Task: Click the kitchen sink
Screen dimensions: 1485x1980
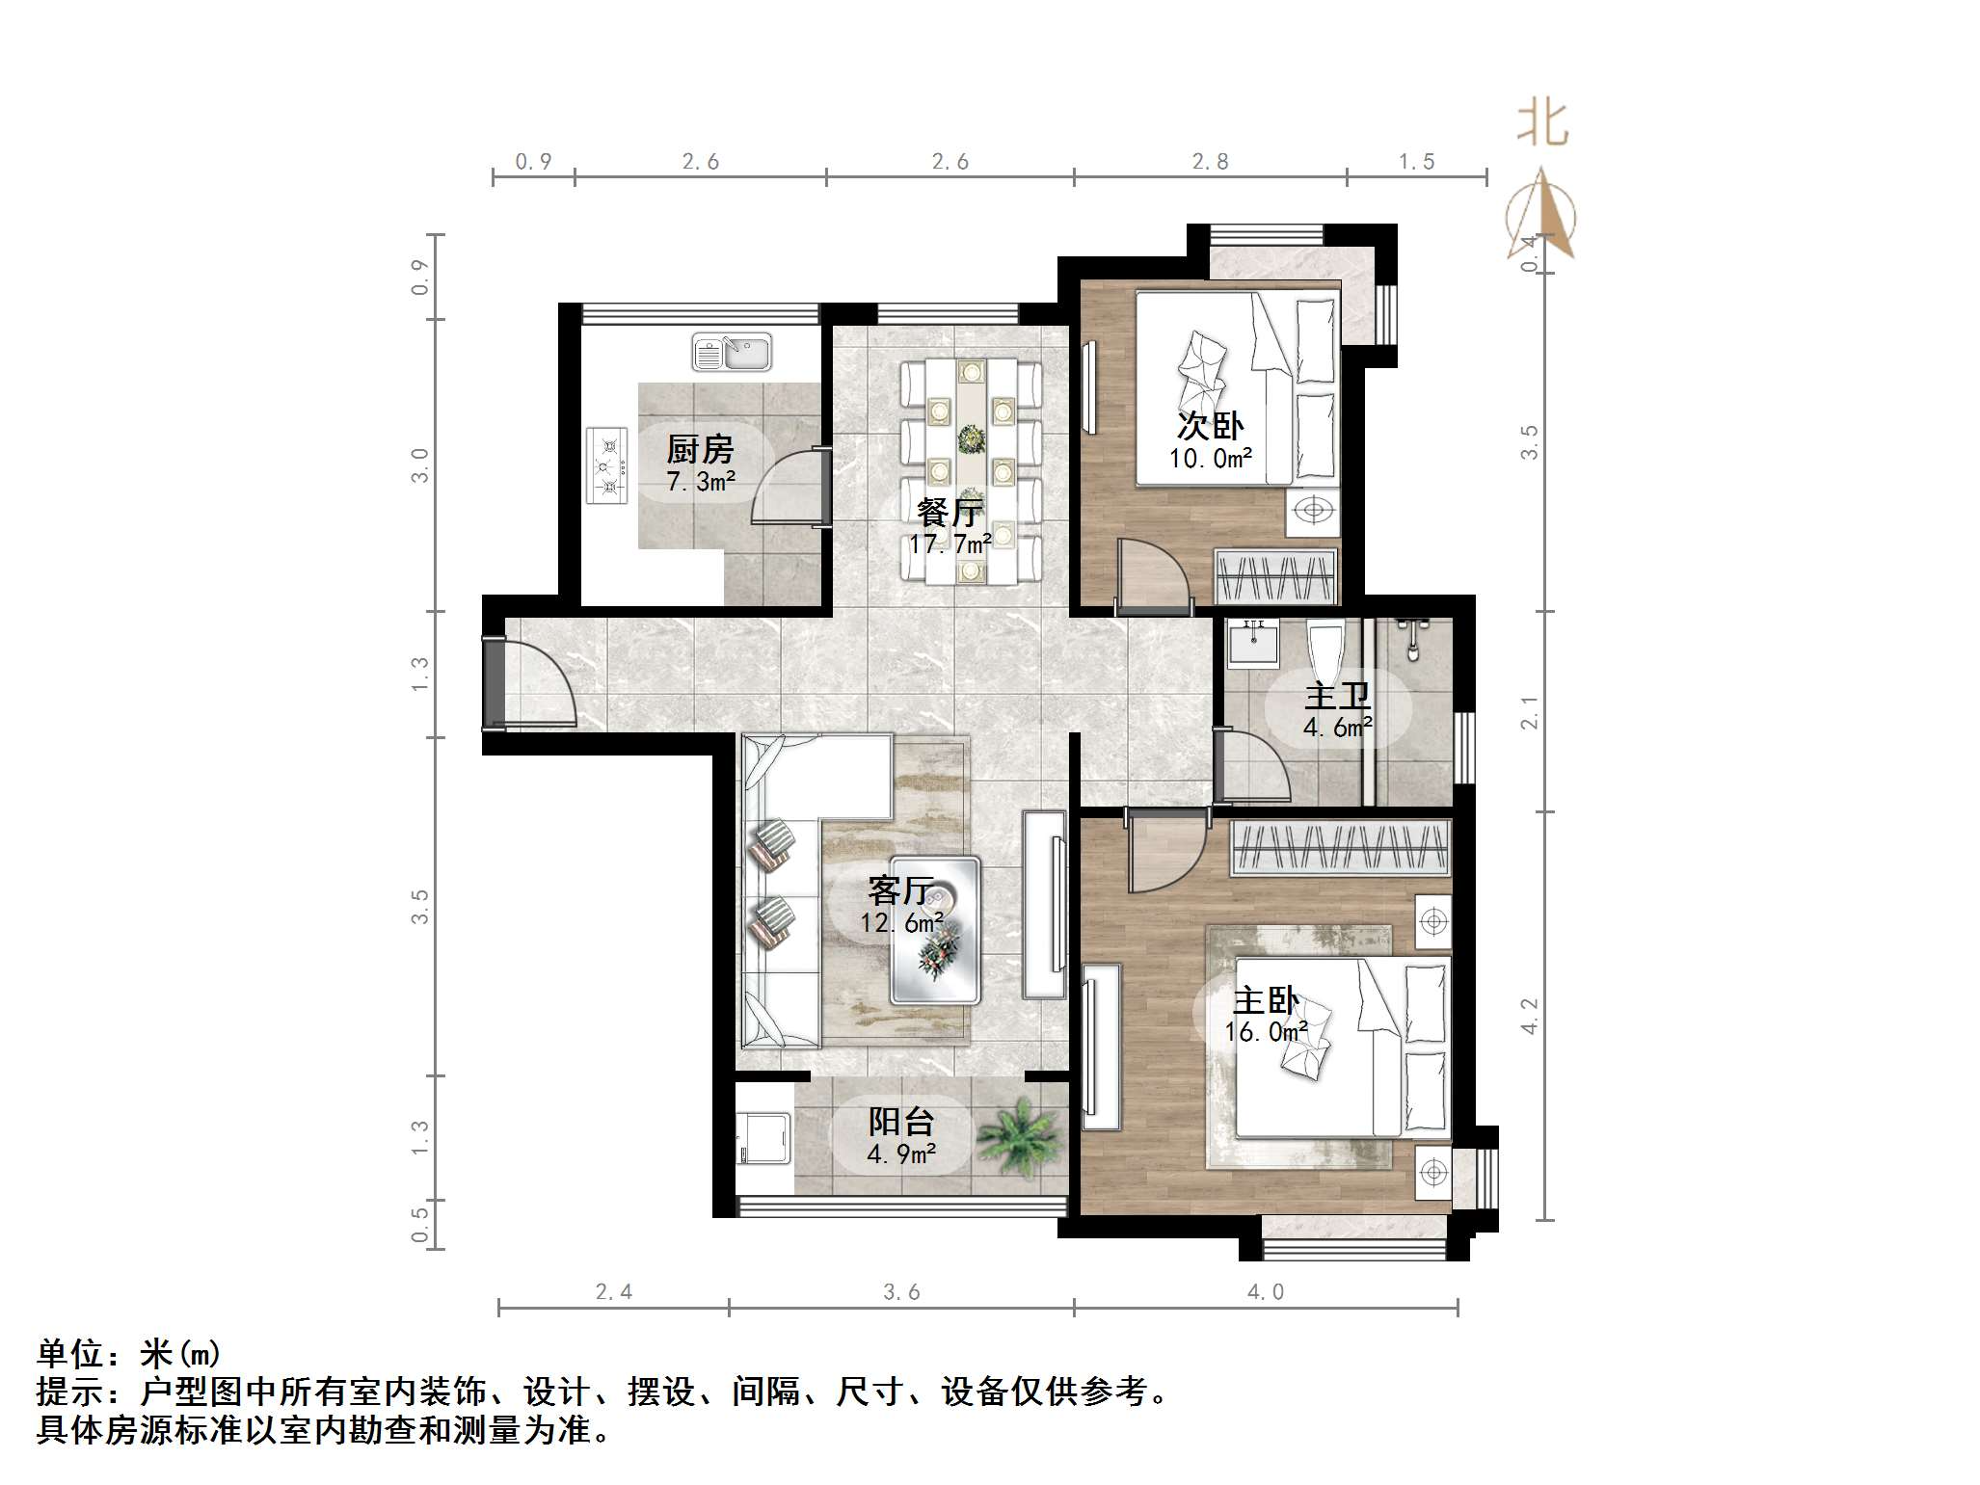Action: pos(732,353)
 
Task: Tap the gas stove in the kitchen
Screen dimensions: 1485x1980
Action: pos(606,466)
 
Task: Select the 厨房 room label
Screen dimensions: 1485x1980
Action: pos(700,450)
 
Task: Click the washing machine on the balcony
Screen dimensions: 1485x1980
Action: pos(763,1139)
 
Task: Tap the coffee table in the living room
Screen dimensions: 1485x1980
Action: pos(935,930)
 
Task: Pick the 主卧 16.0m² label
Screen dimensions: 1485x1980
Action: pos(1266,1016)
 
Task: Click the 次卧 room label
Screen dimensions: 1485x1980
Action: pos(1211,425)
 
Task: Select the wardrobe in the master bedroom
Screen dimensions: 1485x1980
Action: pos(1340,848)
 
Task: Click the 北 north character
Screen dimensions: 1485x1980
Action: pos(1542,125)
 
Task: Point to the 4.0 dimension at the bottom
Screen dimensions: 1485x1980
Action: pos(1266,1292)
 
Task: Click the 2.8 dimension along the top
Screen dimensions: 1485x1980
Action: pos(1210,162)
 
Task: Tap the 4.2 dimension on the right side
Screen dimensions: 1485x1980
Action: pos(1529,1017)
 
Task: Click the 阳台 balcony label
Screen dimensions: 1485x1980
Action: pos(901,1122)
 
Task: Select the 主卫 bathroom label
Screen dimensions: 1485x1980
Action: pos(1337,696)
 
